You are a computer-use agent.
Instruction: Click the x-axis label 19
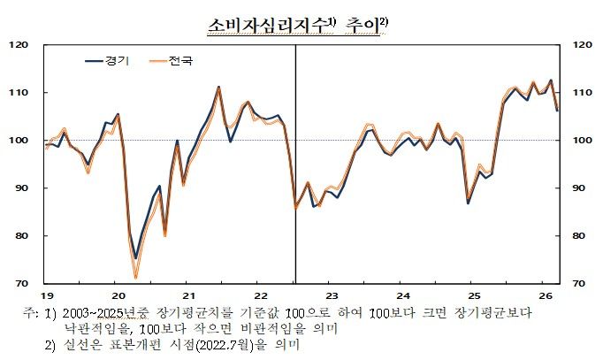pyautogui.click(x=46, y=295)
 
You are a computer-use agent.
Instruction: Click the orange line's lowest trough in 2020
pyautogui.click(x=136, y=278)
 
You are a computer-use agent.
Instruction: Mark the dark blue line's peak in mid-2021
pyautogui.click(x=218, y=87)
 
